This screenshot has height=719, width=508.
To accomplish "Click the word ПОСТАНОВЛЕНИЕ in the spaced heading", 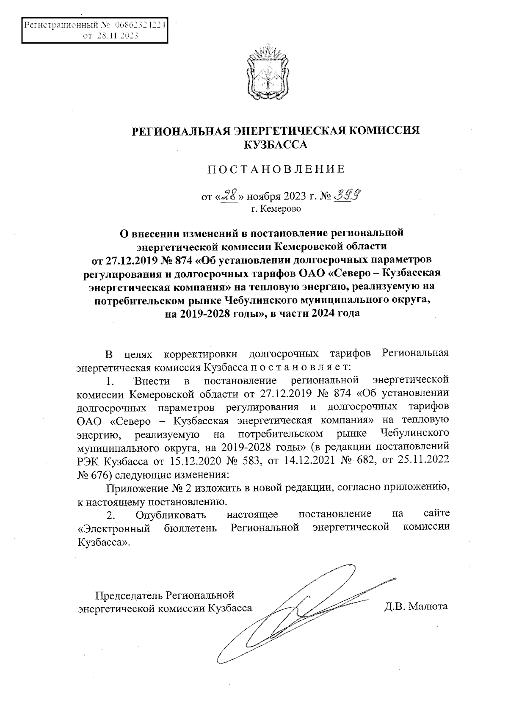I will coord(276,170).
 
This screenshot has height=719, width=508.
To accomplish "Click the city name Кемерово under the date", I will coord(281,208).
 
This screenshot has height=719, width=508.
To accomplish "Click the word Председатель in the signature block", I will coord(129,596).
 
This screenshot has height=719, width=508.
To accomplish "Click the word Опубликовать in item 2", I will coord(171,515).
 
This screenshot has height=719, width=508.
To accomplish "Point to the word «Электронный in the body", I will coord(114,528).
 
